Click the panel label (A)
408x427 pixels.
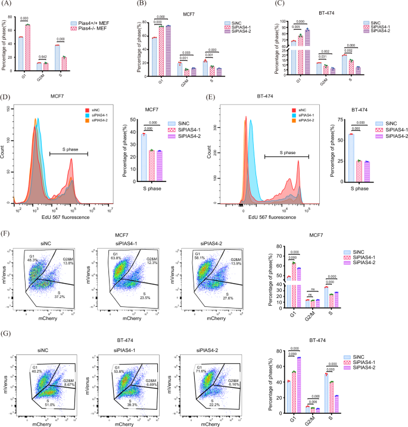coord(10,5)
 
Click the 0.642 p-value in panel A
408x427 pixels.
coord(42,56)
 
